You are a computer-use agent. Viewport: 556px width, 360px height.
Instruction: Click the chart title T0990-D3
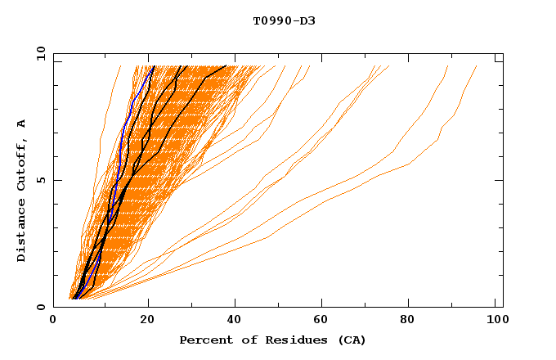(x=284, y=21)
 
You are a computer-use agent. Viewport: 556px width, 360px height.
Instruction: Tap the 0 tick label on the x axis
(x=53, y=322)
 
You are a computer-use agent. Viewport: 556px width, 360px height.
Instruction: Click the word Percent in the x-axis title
(x=203, y=340)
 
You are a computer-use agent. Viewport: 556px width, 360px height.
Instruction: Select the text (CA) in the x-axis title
(x=352, y=340)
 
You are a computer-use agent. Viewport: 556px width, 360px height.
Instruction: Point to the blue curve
(x=121, y=139)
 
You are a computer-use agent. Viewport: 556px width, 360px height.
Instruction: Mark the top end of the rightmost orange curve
(x=477, y=66)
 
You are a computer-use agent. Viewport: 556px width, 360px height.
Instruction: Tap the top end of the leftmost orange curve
(x=120, y=66)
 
